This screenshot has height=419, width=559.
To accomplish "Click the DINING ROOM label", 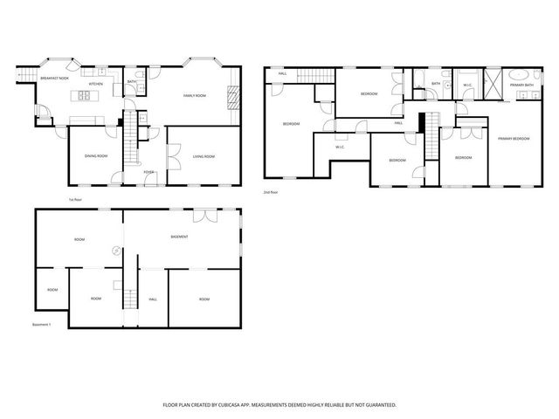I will click(96, 155).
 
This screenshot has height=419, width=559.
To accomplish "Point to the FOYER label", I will click(148, 172).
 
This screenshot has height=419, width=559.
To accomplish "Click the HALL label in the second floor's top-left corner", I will click(282, 74).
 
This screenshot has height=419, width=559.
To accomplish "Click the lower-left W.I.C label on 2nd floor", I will click(340, 147).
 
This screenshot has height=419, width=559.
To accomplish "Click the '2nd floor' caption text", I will click(272, 192).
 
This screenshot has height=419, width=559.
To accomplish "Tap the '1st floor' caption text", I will click(74, 200).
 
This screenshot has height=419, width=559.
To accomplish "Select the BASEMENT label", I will click(180, 237).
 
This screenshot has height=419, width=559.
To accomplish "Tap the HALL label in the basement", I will click(152, 299).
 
